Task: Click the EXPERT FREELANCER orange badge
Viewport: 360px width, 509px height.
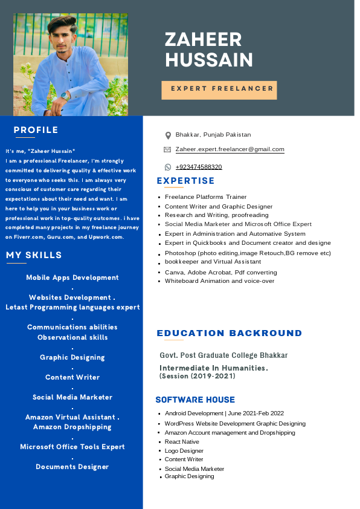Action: [219, 89]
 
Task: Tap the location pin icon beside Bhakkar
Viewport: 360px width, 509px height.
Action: [168, 135]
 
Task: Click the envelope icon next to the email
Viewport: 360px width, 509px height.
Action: [167, 149]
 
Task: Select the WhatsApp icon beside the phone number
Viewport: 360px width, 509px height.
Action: [168, 167]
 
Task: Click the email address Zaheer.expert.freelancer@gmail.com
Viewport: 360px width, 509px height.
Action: [230, 149]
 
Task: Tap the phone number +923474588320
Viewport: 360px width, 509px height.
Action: [199, 167]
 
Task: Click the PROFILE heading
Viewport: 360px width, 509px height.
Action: [36, 130]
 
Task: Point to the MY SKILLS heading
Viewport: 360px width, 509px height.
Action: [34, 255]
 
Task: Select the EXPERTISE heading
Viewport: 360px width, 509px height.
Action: [185, 181]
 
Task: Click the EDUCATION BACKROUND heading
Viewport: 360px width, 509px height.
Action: [230, 333]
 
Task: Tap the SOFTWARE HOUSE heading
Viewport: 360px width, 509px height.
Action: [195, 400]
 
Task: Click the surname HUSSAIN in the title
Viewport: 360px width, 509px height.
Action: [209, 60]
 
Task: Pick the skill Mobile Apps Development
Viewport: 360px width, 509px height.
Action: [72, 277]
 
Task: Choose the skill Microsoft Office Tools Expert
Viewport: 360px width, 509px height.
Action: [72, 447]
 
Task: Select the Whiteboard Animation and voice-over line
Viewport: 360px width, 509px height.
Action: [219, 281]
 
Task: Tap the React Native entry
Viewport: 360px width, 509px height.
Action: [182, 442]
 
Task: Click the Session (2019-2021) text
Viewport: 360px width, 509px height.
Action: [197, 376]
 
